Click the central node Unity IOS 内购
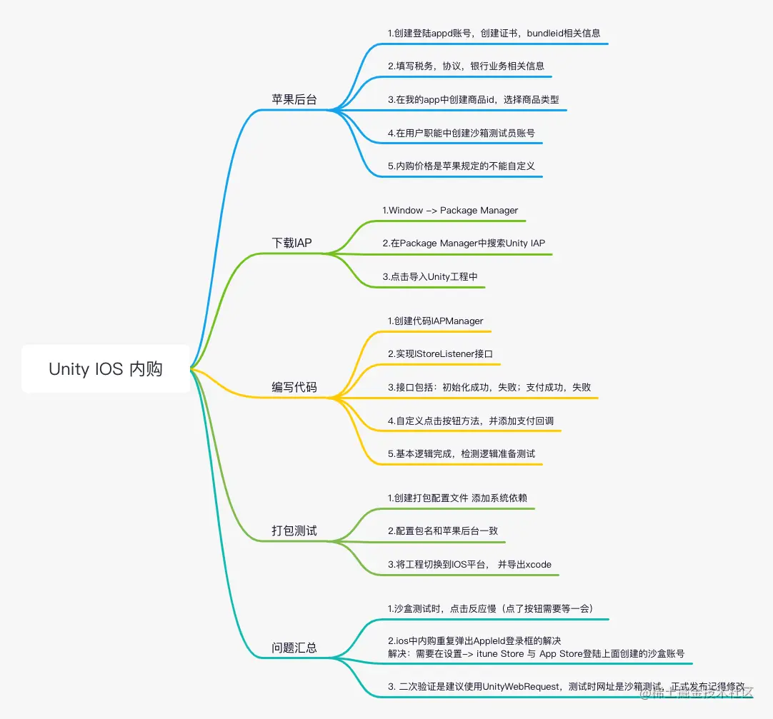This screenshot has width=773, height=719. (106, 369)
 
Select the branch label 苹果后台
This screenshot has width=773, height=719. (294, 99)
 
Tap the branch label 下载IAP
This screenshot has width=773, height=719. (291, 243)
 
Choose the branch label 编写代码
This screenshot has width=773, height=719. (294, 388)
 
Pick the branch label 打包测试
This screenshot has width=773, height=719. (294, 531)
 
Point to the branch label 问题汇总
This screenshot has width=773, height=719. (294, 648)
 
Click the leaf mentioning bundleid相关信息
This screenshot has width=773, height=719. (494, 33)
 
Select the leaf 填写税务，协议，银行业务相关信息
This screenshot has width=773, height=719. (466, 66)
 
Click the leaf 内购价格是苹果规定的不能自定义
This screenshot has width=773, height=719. (462, 166)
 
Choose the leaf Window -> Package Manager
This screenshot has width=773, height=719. (450, 211)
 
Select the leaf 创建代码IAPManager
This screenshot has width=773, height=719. (435, 321)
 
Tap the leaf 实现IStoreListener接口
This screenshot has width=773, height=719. (440, 354)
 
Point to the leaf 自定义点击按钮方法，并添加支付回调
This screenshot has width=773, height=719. (470, 421)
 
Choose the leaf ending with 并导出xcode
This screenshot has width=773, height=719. (469, 565)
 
